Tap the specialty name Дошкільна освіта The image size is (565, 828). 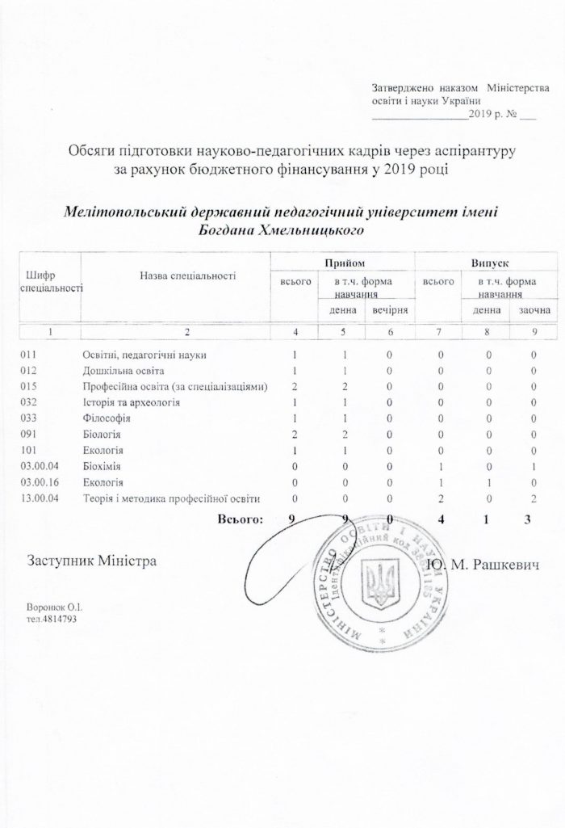122,371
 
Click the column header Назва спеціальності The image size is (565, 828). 187,276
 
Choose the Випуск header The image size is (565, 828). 489,262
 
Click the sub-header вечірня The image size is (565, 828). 389,310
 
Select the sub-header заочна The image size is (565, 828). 534,310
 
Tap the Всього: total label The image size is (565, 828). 240,518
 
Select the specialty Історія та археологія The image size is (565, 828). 130,402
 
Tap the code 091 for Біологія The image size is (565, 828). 28,434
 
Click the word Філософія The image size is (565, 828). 107,418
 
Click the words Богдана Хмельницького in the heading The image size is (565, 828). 278,229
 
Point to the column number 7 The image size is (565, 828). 441,332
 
